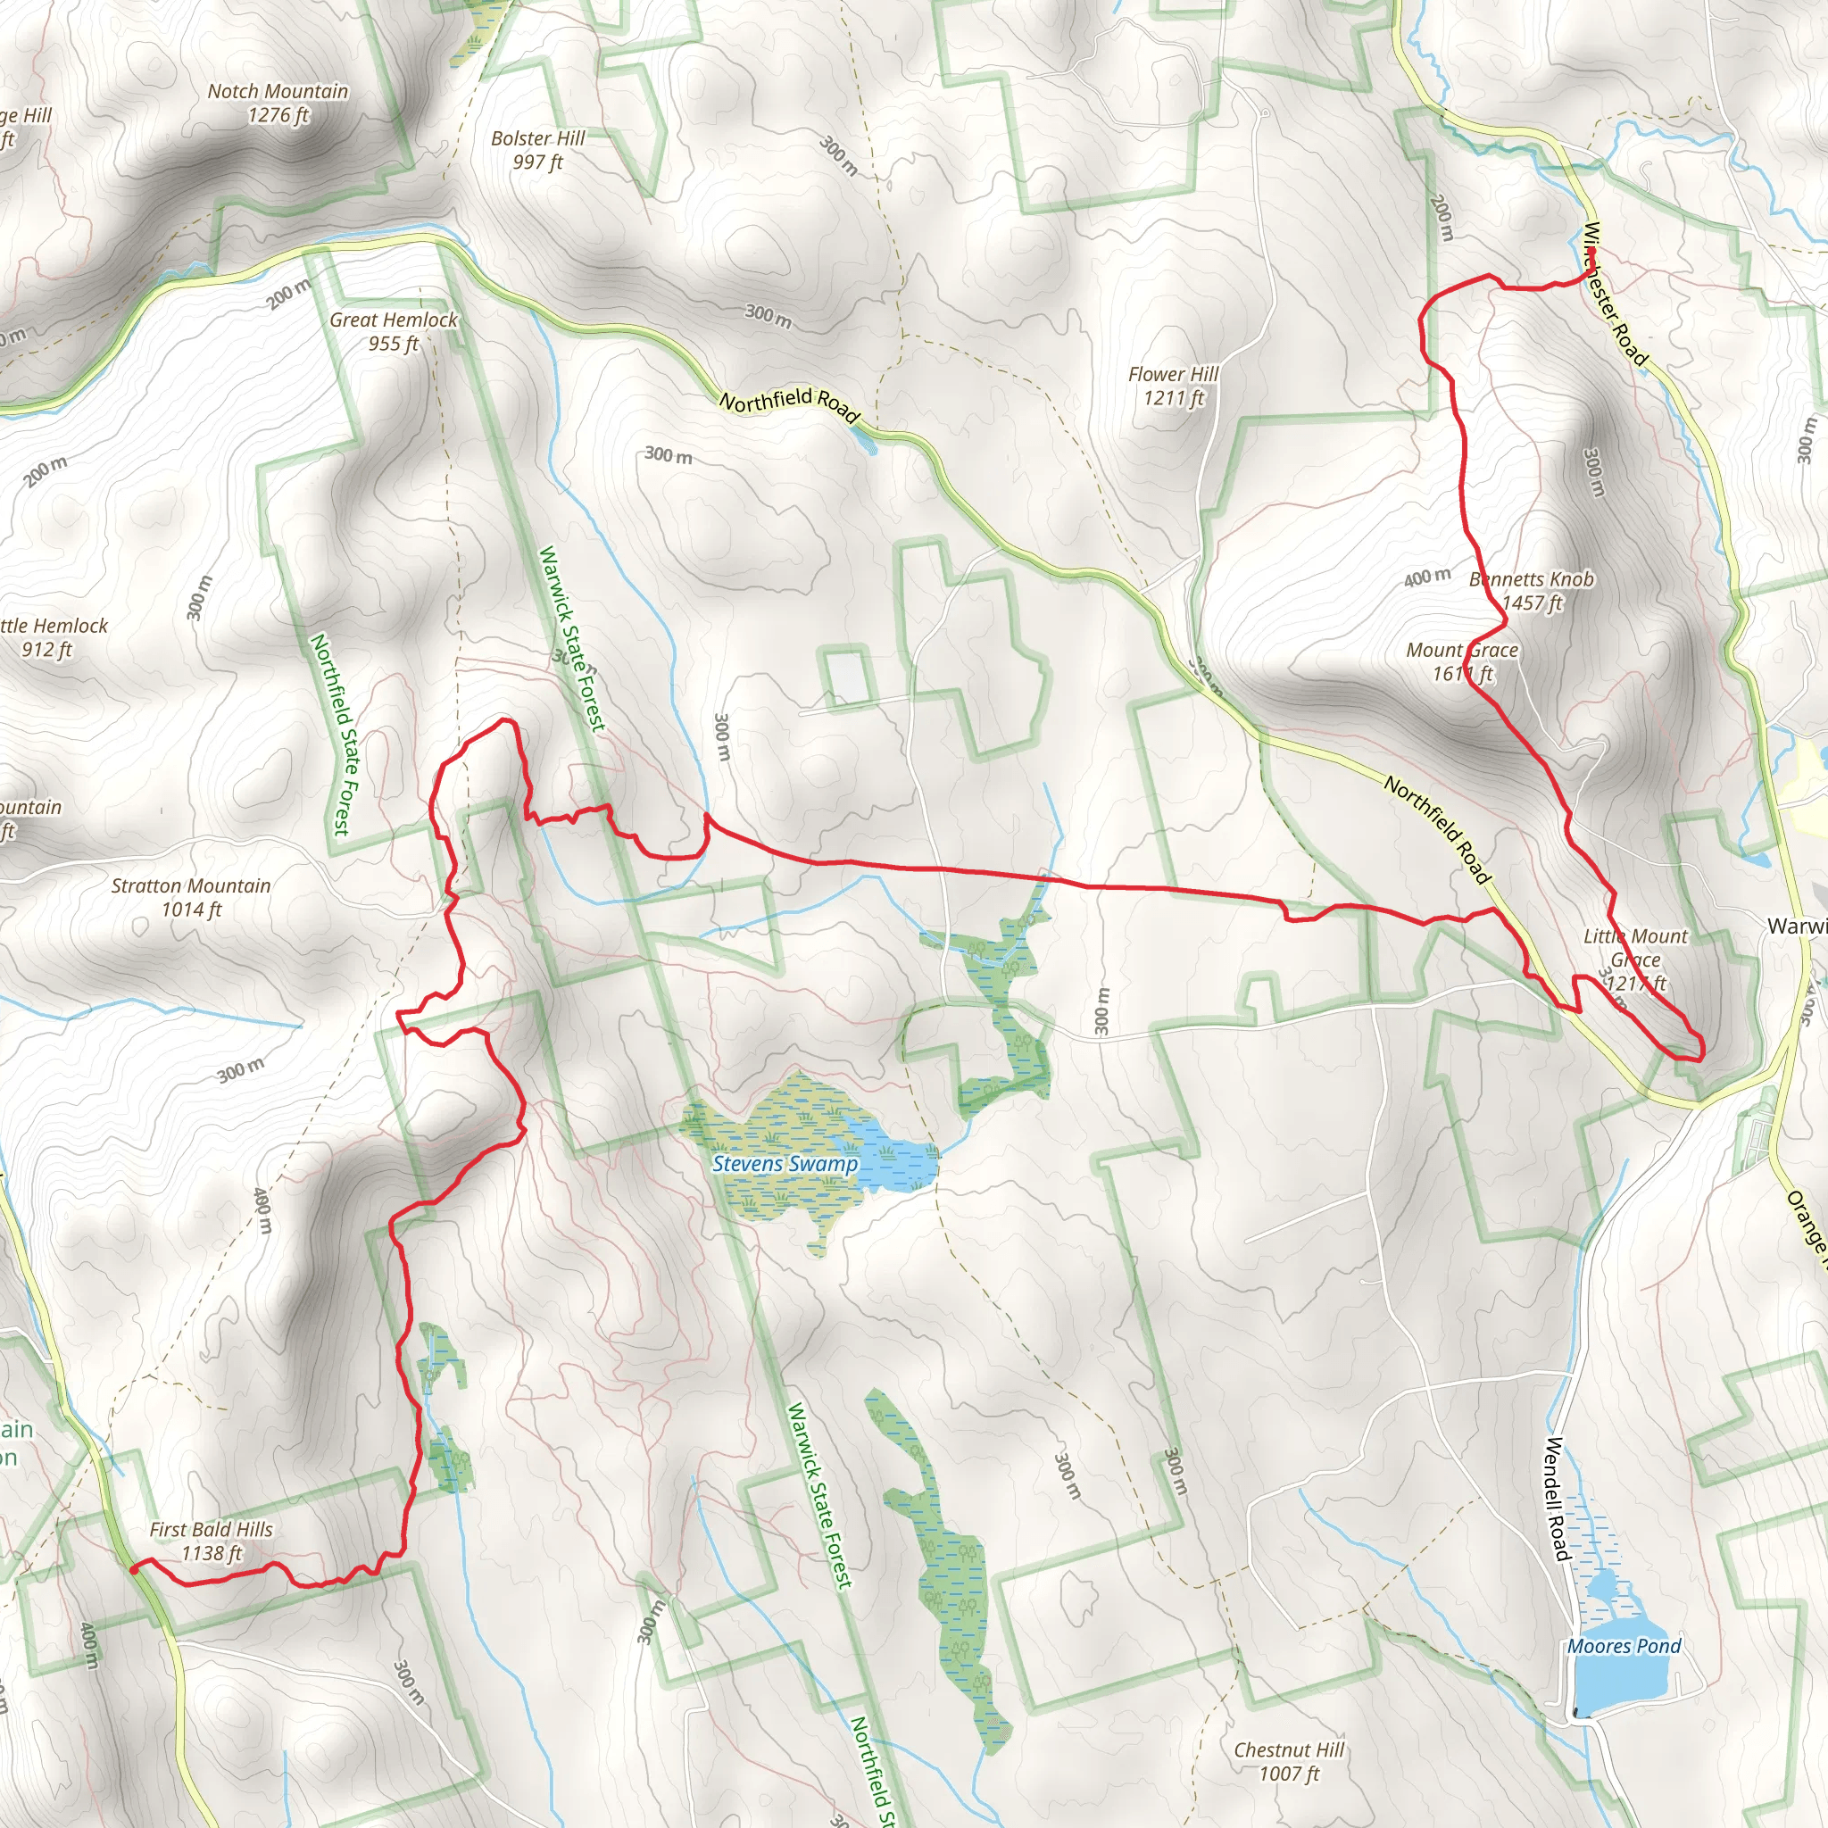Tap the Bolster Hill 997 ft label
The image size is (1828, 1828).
pyautogui.click(x=537, y=149)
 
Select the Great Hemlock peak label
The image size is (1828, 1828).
pyautogui.click(x=393, y=331)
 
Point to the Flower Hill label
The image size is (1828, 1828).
pyautogui.click(x=1173, y=386)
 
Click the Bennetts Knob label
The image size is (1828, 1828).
pyautogui.click(x=1532, y=590)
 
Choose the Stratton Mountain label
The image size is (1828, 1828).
pyautogui.click(x=191, y=897)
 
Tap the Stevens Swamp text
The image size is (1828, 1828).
pyautogui.click(x=785, y=1164)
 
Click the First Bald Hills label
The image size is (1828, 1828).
pyautogui.click(x=211, y=1541)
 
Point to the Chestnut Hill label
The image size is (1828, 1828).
pyautogui.click(x=1289, y=1761)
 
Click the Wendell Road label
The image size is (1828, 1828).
pyautogui.click(x=1556, y=1499)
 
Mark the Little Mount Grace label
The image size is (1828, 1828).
pyautogui.click(x=1635, y=960)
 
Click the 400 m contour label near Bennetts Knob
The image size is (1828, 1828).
pyautogui.click(x=1427, y=577)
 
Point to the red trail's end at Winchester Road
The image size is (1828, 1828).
pyautogui.click(x=1592, y=252)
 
